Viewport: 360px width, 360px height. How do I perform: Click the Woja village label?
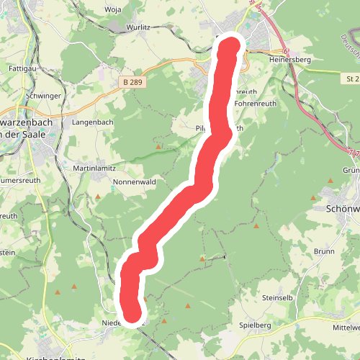point(114,9)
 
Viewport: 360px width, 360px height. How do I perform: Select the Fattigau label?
point(23,68)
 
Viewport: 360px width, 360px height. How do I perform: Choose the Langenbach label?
point(93,122)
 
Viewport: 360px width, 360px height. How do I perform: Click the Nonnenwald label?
point(135,182)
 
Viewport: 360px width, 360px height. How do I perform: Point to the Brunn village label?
point(324,251)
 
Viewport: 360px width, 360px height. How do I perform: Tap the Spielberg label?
point(255,325)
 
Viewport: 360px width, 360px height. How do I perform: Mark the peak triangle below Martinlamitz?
point(98,196)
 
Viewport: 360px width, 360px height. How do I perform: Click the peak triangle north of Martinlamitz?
point(158,148)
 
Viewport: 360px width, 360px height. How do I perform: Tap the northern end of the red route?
point(230,47)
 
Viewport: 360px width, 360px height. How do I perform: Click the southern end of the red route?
point(133,314)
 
